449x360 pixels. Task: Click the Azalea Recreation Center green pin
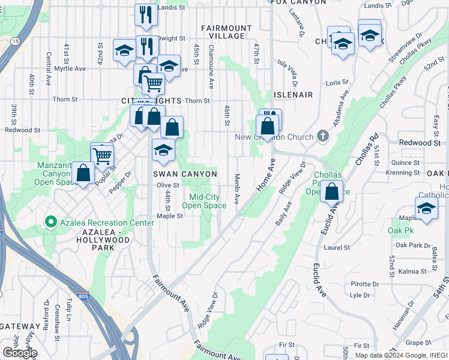tap(51, 223)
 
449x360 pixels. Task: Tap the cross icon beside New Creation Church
tap(322, 136)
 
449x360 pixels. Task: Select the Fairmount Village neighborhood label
tap(226, 32)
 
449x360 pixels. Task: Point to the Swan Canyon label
tap(184, 174)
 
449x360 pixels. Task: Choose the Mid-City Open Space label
tap(204, 201)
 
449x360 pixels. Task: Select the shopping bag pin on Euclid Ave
tap(331, 192)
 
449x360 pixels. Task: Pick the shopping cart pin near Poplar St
tap(102, 155)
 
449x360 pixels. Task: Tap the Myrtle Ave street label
tap(70, 69)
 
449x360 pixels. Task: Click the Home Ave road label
tap(265, 175)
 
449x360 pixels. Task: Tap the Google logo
tap(20, 353)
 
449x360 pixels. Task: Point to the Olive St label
tap(169, 185)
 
